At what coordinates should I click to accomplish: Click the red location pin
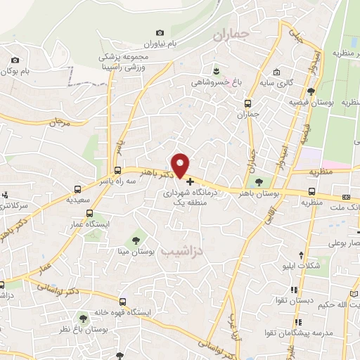pyautogui.click(x=181, y=165)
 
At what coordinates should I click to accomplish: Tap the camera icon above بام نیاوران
pyautogui.click(x=160, y=32)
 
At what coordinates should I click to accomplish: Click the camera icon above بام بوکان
pyautogui.click(x=13, y=61)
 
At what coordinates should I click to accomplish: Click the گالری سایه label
pyautogui.click(x=295, y=83)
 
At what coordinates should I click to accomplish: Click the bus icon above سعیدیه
pyautogui.click(x=78, y=188)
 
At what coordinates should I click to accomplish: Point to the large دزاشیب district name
pyautogui.click(x=181, y=250)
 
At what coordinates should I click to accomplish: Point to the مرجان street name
pyautogui.click(x=61, y=122)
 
